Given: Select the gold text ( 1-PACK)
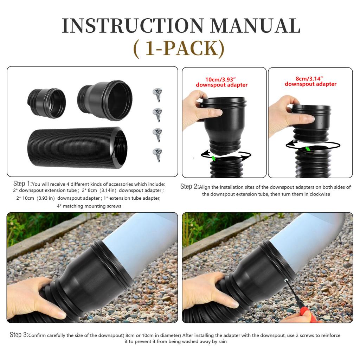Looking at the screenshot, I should [x=179, y=49].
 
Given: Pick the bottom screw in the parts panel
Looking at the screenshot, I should [x=157, y=154].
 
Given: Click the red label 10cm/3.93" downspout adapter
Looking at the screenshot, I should [x=221, y=82].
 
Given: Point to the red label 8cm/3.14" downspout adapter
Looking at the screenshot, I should [x=310, y=81].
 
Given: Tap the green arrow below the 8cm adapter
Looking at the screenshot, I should [x=308, y=149].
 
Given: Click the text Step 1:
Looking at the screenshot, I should [x=22, y=184].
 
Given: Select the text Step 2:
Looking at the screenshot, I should [x=189, y=187].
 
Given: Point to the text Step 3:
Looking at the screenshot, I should [x=19, y=335].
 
